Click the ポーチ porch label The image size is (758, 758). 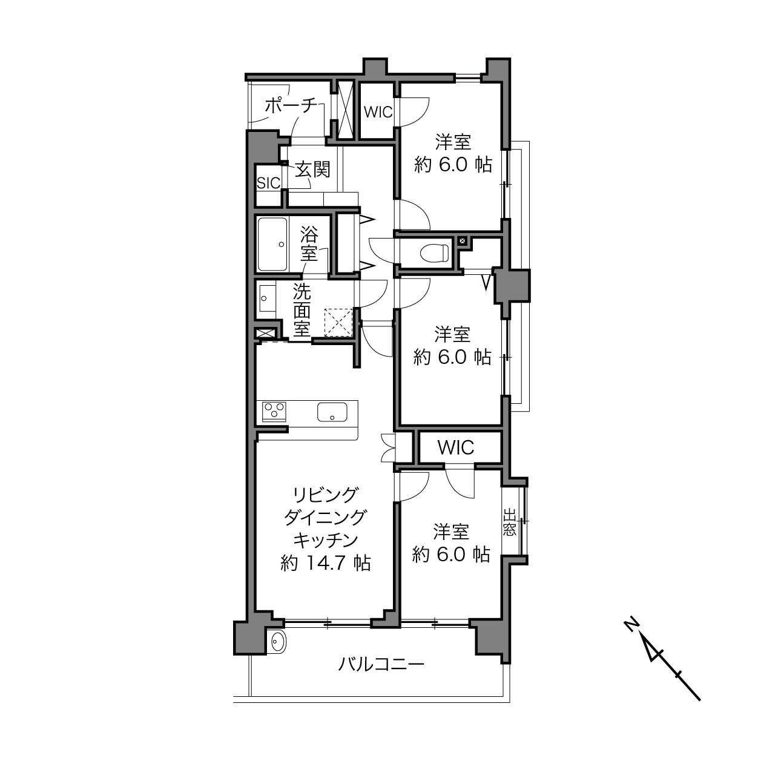pos(291,105)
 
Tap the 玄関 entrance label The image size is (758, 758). pos(313,170)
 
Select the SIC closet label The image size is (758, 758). pos(269,183)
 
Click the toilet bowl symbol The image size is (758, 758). pos(434,252)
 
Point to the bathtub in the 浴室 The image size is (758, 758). pos(272,244)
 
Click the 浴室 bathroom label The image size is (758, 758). pos(309,244)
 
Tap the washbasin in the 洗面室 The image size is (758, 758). pos(268,298)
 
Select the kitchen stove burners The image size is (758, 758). pos(274,412)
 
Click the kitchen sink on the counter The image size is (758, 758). pos(332,412)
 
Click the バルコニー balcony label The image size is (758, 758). pos(381,665)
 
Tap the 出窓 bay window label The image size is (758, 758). pos(509,522)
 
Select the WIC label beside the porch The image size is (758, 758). pos(378,113)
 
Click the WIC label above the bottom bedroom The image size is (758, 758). pos(455,447)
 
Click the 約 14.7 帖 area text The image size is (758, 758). pos(326,563)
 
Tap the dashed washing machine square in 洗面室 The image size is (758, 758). pos(338,323)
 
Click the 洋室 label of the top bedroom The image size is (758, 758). pos(453,142)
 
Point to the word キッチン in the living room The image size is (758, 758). pos(326,541)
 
